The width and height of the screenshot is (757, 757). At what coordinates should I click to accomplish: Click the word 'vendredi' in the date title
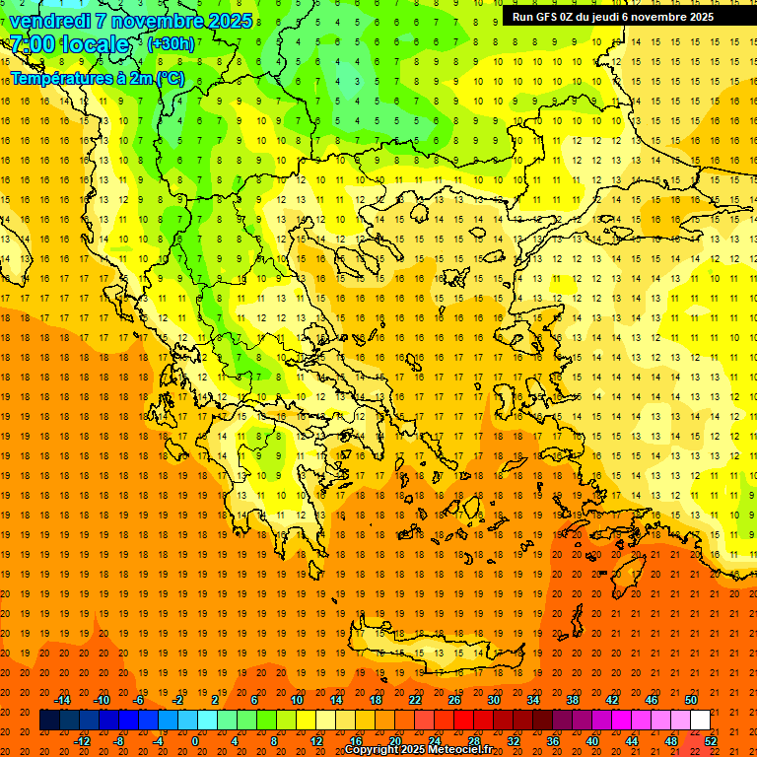(x=50, y=21)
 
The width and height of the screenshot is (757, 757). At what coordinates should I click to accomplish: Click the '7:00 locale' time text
(x=70, y=44)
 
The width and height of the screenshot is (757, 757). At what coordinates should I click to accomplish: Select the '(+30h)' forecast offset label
(x=171, y=44)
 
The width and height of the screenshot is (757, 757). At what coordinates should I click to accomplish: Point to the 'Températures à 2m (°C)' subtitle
(x=97, y=78)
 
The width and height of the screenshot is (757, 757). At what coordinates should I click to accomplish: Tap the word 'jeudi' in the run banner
(x=610, y=17)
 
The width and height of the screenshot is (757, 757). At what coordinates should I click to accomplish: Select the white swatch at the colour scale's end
(x=700, y=721)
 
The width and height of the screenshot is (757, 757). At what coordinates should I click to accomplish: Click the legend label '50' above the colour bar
(x=691, y=700)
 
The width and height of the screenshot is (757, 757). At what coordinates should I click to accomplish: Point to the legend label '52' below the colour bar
(x=711, y=741)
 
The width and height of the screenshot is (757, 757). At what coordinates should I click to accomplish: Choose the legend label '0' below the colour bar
(x=196, y=741)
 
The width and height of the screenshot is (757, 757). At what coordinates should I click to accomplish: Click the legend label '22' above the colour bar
(x=415, y=700)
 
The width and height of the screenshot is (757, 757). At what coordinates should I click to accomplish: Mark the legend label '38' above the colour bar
(x=573, y=700)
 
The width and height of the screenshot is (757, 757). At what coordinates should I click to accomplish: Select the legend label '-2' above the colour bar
(x=177, y=700)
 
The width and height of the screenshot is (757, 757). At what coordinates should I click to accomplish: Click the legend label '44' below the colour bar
(x=632, y=741)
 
